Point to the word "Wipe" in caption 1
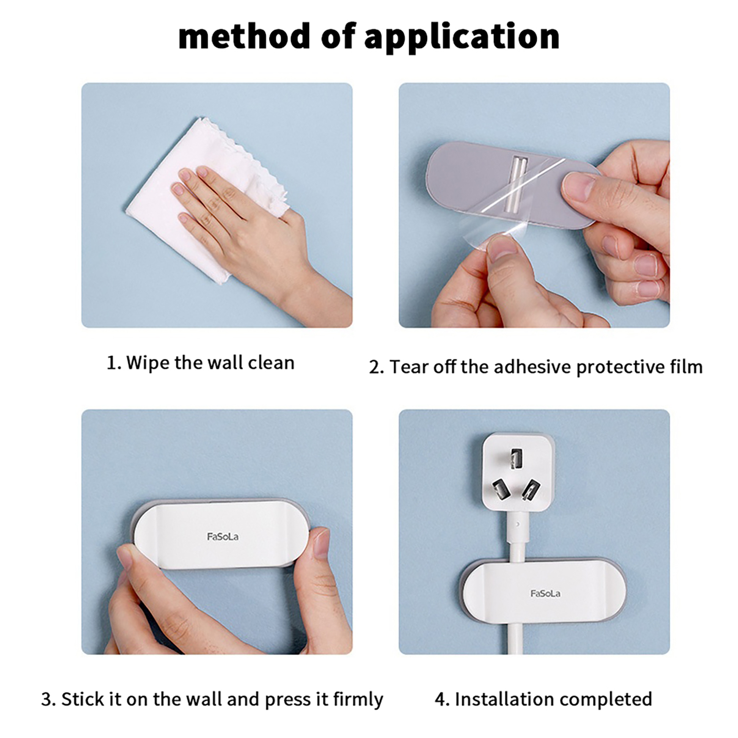[x=147, y=363]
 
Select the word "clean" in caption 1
[x=271, y=363]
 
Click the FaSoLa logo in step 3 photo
[x=223, y=536]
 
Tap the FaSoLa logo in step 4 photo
[x=545, y=593]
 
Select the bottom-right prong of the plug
[x=531, y=490]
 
